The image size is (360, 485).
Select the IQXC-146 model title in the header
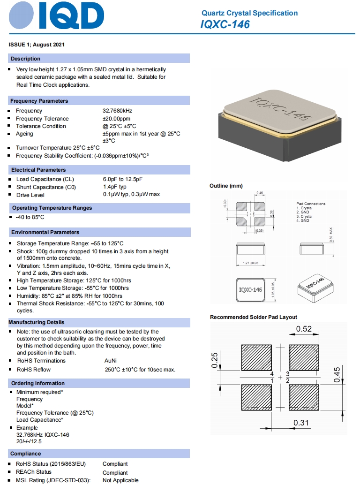point(225,24)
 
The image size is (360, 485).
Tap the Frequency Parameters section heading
point(39,101)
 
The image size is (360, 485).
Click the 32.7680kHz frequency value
point(117,111)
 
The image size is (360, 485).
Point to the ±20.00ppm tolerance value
point(117,119)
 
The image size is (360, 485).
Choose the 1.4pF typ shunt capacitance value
point(115,187)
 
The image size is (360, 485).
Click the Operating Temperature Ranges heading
point(52,208)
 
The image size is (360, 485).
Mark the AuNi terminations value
point(112,361)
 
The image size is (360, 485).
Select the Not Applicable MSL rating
point(120,480)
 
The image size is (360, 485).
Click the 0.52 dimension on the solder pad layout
point(304,329)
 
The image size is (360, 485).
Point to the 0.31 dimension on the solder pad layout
point(301,423)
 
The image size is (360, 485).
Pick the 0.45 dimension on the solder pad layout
point(337,374)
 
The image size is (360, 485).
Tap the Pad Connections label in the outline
point(311,204)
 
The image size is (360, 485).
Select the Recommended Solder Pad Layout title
point(253,317)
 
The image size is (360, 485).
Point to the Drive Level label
point(30,195)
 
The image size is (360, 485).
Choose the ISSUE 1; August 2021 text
point(37,45)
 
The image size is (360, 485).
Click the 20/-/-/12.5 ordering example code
point(29,441)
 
